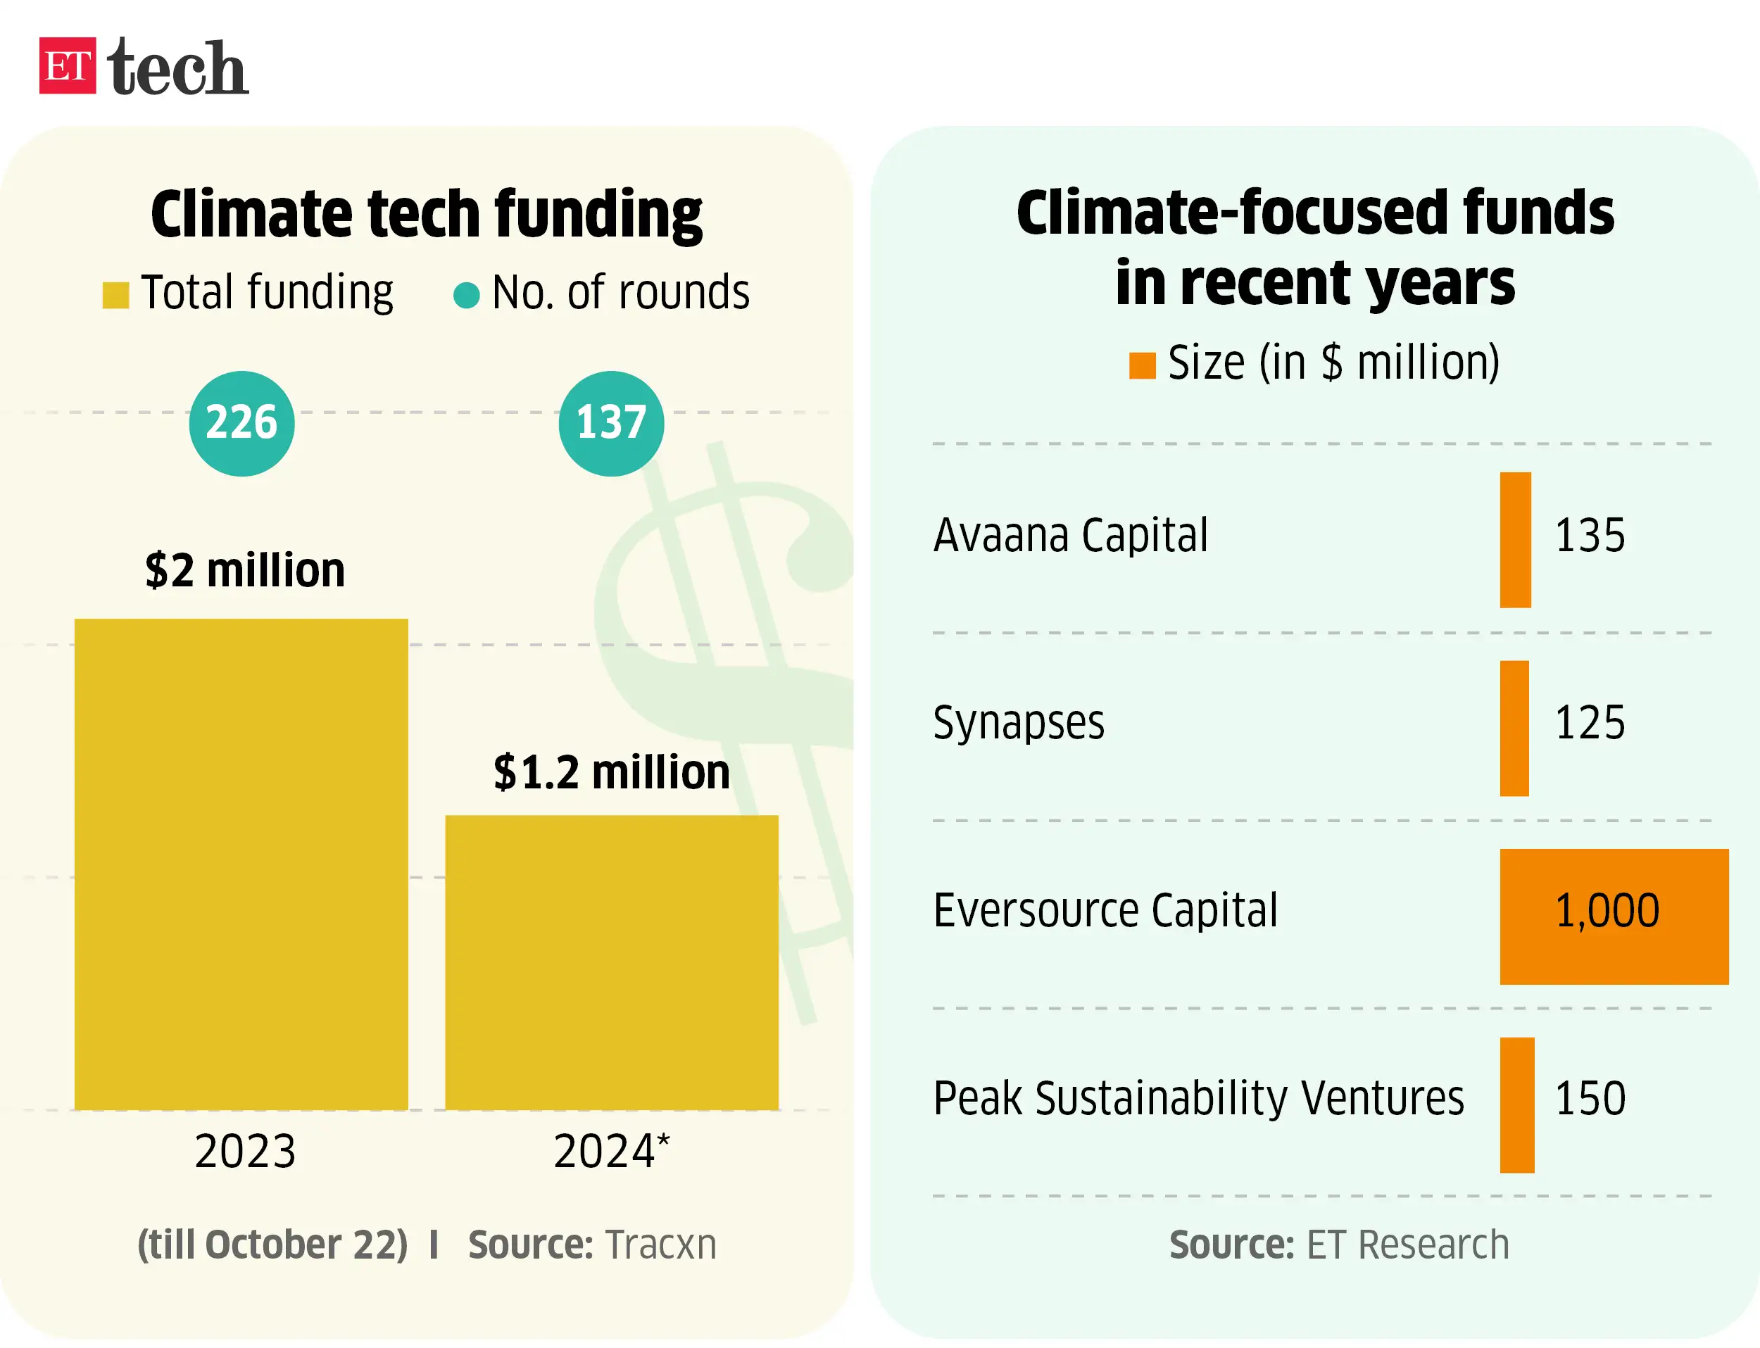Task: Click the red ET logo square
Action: [68, 65]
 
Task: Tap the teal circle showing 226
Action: [241, 423]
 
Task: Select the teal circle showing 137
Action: [611, 423]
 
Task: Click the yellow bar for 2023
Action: [241, 864]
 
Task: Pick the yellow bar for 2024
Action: [612, 962]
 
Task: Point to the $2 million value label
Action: [245, 570]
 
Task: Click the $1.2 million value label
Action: [612, 772]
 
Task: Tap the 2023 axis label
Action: [245, 1152]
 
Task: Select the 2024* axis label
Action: [612, 1152]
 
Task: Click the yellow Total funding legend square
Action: [115, 294]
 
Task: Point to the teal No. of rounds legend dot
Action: [466, 294]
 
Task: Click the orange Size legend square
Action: [1142, 365]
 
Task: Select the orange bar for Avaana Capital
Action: [1515, 540]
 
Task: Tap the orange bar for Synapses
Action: [1514, 728]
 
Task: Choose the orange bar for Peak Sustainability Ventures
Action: [1517, 1105]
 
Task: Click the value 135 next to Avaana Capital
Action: [1589, 535]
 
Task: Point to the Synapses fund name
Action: [1019, 723]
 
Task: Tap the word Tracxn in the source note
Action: [660, 1245]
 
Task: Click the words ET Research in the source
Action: [1407, 1245]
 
